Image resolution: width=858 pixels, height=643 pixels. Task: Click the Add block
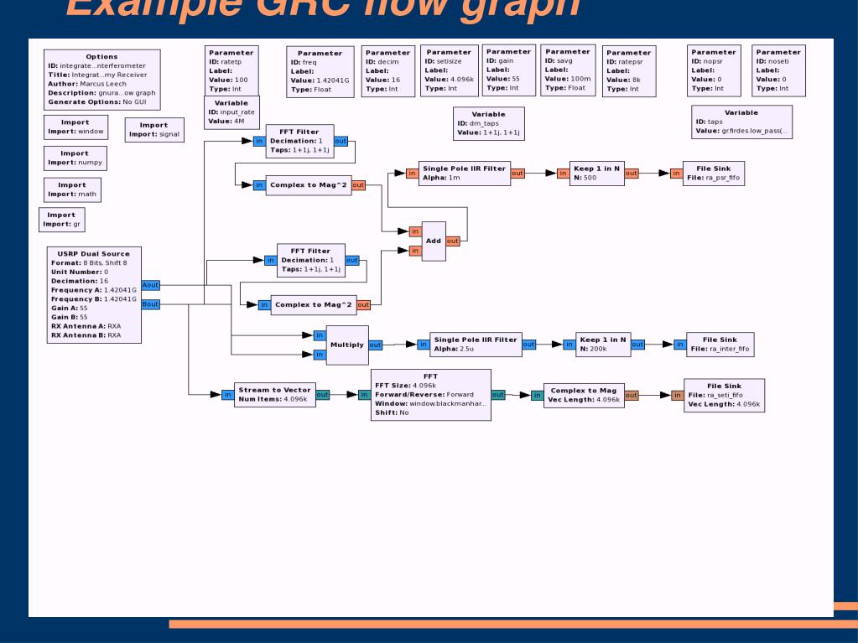433,241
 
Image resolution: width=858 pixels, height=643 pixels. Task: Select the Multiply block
346,344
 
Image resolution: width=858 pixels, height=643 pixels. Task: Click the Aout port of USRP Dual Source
151,285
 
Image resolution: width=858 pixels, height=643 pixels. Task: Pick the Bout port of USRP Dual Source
151,303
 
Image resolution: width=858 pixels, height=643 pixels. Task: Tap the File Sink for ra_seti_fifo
719,394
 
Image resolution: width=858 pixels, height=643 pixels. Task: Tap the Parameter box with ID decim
387,70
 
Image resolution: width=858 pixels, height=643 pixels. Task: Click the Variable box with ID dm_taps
488,122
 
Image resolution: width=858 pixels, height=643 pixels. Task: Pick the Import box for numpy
74,158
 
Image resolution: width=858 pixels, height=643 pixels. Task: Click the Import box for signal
153,129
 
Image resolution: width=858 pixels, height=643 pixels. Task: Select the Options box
101,80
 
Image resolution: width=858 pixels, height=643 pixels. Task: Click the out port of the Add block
453,241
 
